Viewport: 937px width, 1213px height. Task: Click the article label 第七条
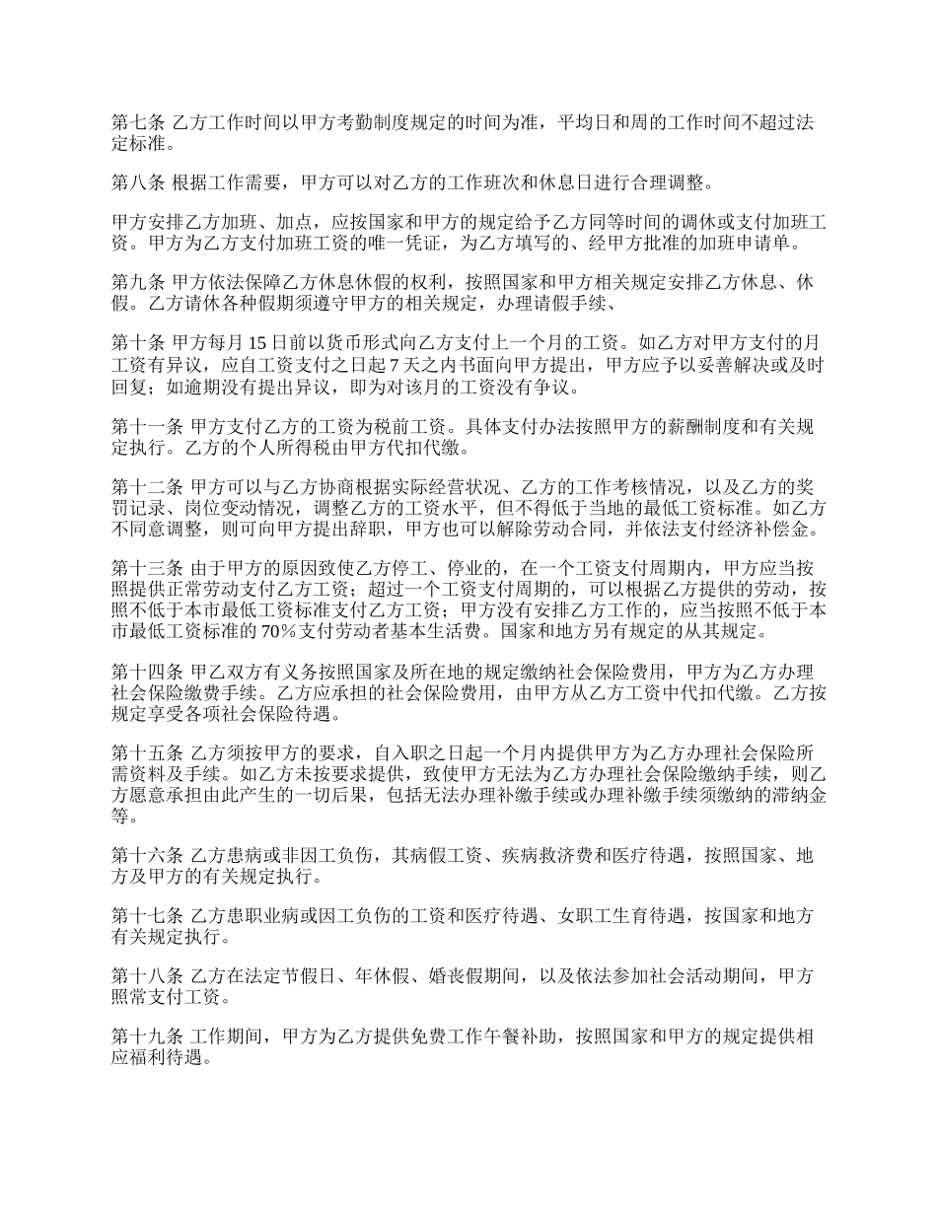pyautogui.click(x=137, y=123)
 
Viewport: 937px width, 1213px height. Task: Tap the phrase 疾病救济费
pyautogui.click(x=545, y=855)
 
